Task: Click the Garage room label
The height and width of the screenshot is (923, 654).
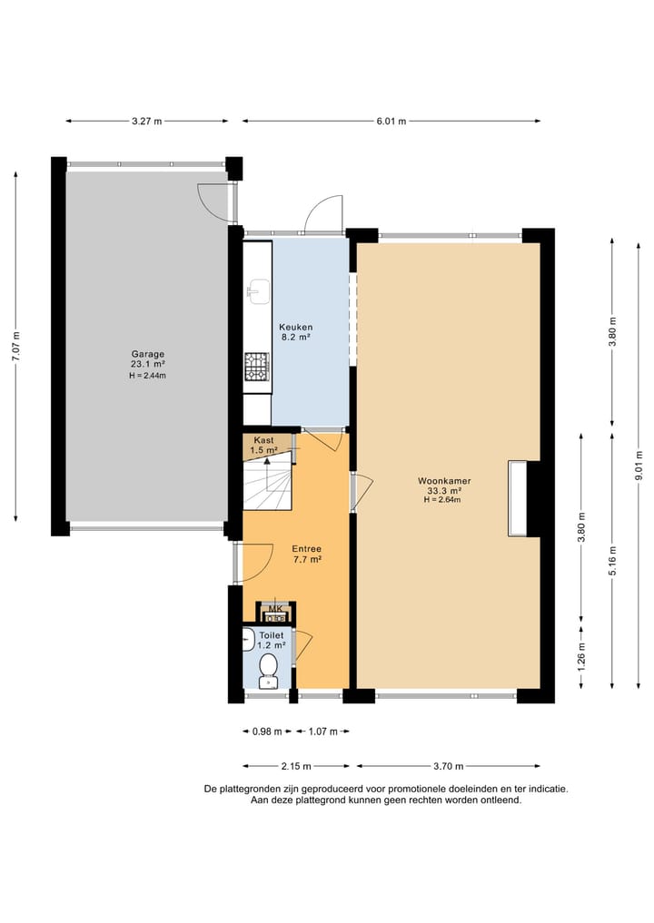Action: tap(147, 355)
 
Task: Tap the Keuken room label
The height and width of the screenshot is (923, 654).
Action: tap(295, 328)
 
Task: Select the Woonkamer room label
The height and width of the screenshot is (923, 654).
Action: tap(444, 480)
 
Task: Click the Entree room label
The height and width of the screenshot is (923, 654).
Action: tap(306, 549)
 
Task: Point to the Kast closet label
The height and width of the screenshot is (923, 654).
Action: tap(263, 440)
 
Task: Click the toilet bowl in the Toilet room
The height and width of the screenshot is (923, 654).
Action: tap(268, 668)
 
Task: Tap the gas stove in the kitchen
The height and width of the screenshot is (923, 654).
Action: tap(257, 366)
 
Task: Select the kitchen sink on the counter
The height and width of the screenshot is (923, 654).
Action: tap(255, 290)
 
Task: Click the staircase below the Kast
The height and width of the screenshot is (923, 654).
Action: tap(268, 486)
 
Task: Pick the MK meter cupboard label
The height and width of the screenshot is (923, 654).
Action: tap(275, 609)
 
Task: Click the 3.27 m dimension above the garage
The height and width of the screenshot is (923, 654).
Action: tap(147, 121)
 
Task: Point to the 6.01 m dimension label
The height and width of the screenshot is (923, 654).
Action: tap(391, 121)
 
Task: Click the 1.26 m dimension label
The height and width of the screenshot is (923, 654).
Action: tap(581, 653)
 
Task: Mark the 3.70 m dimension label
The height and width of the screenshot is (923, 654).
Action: tap(449, 765)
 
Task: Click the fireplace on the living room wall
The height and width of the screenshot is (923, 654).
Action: tap(519, 499)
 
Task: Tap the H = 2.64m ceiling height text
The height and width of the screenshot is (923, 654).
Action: tap(444, 499)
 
